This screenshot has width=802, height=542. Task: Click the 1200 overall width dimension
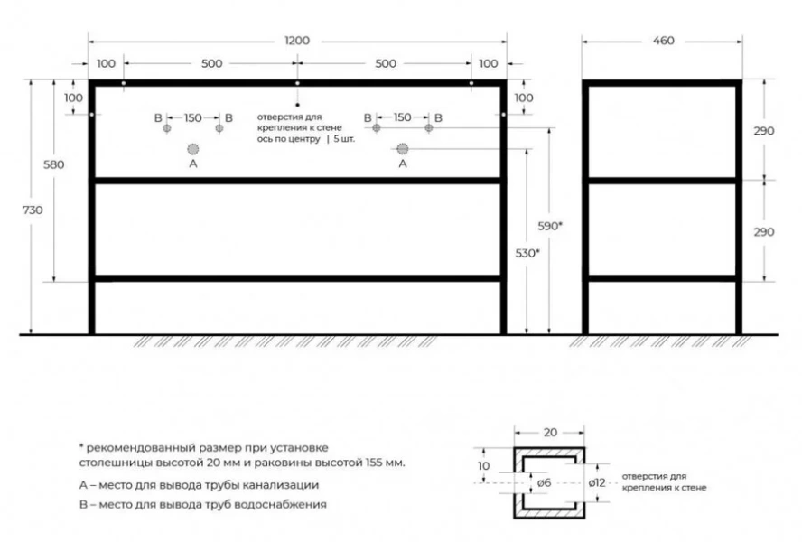pos(297,41)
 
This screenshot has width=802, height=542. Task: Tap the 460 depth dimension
pos(664,41)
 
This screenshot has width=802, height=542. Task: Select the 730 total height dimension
pos(33,210)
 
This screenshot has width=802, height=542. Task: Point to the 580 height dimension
pos(53,164)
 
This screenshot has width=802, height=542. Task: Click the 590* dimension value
pos(550,226)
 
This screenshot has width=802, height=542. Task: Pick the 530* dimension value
pos(527,253)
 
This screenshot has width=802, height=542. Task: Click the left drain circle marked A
pos(193,149)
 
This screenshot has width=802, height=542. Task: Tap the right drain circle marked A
pos(403,149)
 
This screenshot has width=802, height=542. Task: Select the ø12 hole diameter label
pos(597,482)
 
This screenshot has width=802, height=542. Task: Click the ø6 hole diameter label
pos(545,482)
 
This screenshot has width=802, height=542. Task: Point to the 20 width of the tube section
pos(550,433)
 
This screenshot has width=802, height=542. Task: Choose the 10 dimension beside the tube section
pos(483,466)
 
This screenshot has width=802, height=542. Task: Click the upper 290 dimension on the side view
pos(764,130)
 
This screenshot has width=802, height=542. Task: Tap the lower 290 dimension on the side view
pos(764,232)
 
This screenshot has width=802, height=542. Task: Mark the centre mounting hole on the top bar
pos(297,83)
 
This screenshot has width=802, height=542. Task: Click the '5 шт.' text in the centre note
pos(344,139)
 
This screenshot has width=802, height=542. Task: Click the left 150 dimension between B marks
pos(193,117)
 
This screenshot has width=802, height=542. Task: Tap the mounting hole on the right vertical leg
pos(503,115)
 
